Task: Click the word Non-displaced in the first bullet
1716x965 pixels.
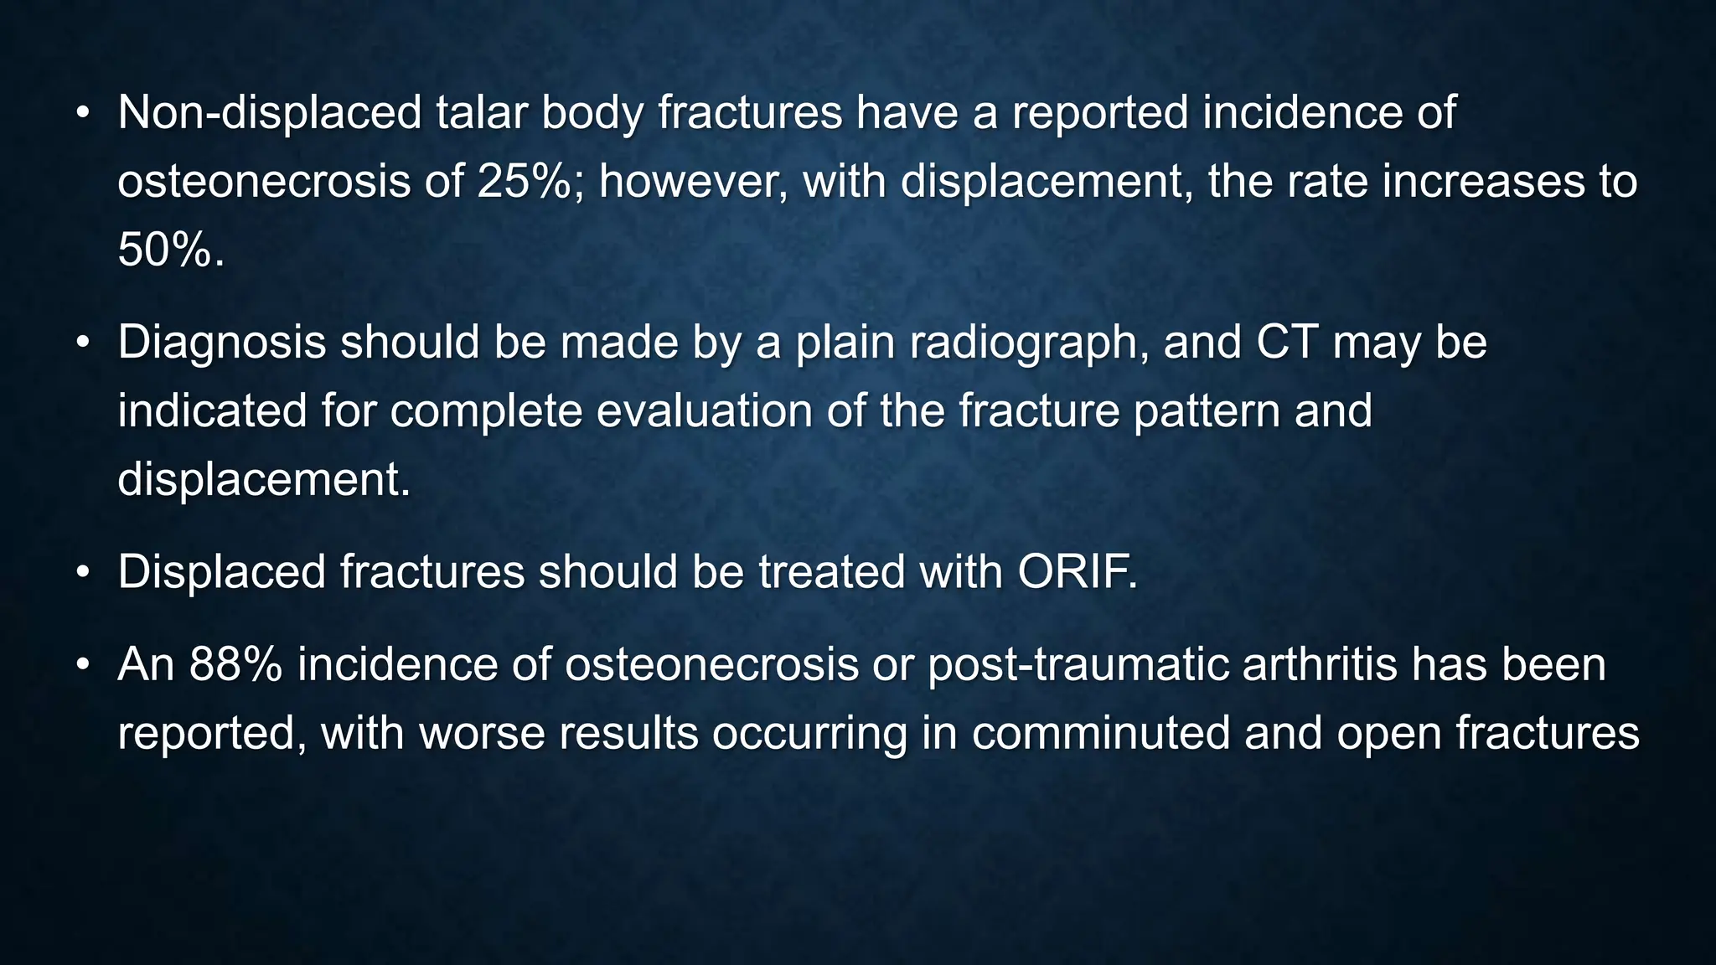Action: pos(269,112)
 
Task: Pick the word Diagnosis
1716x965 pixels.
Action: pos(221,342)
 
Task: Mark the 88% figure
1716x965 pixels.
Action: pos(235,663)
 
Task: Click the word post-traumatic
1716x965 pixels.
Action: pos(1078,665)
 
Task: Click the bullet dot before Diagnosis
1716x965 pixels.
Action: pos(82,343)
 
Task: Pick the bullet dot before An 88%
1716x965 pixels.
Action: pos(82,665)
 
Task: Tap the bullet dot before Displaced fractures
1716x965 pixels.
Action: pos(82,573)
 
